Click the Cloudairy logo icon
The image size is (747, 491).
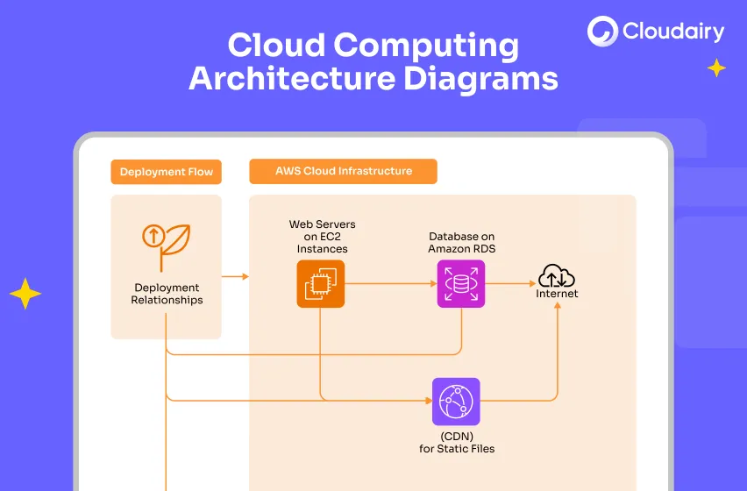(602, 32)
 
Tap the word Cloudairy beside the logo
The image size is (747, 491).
(673, 32)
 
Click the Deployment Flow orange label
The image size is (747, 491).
(167, 172)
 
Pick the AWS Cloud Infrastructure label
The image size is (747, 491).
(343, 171)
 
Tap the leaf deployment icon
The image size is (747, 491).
(166, 245)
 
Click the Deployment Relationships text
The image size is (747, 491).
(167, 294)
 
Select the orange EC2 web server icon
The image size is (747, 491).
(320, 284)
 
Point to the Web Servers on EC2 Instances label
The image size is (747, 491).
(322, 237)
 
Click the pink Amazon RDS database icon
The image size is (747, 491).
(461, 284)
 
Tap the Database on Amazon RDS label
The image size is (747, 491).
(461, 243)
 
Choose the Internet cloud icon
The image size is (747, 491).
(557, 276)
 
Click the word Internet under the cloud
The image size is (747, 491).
(557, 294)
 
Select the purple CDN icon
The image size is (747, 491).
(456, 402)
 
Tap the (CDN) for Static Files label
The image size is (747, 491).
(456, 443)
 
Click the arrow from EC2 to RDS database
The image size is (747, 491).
(390, 284)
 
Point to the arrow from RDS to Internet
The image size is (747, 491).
(510, 284)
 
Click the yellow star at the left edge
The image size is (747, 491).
(25, 294)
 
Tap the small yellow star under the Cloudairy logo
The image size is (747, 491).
(716, 68)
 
